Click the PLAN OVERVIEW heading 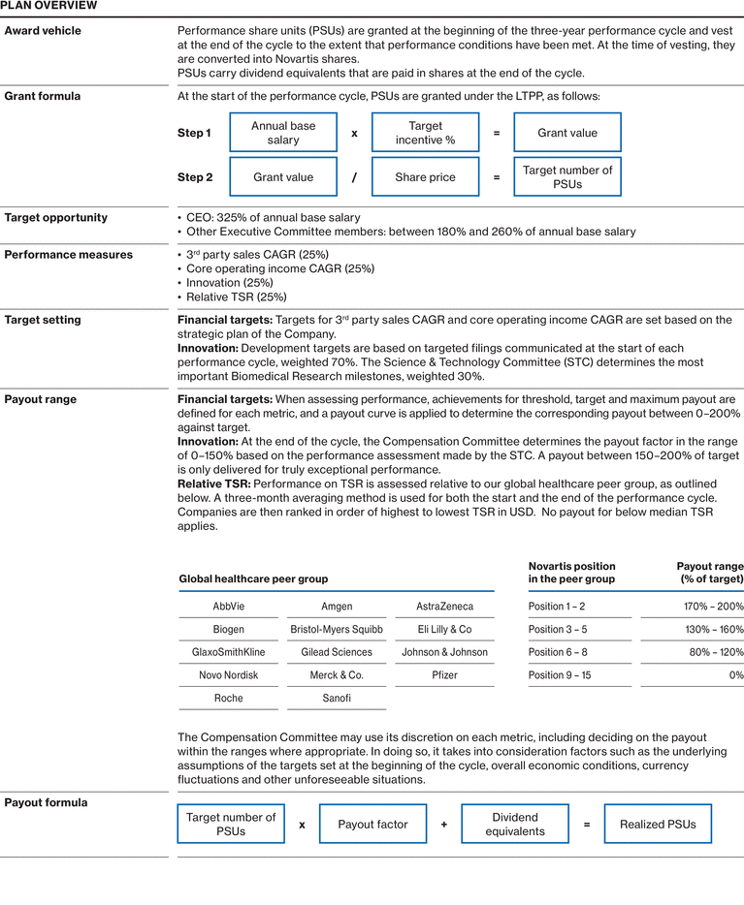click(49, 6)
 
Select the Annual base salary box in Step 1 click(283, 133)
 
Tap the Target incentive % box click(425, 133)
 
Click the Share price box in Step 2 click(425, 177)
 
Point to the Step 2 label click(195, 177)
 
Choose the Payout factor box click(372, 825)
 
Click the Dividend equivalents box click(514, 825)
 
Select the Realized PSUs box click(657, 825)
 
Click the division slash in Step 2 click(354, 177)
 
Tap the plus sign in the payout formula click(444, 825)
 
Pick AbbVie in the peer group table click(229, 607)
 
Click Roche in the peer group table click(229, 698)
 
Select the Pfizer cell click(444, 675)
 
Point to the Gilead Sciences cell click(337, 652)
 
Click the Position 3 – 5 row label click(558, 630)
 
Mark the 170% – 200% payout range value click(714, 607)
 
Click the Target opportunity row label click(56, 218)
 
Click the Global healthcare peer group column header click(253, 579)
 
